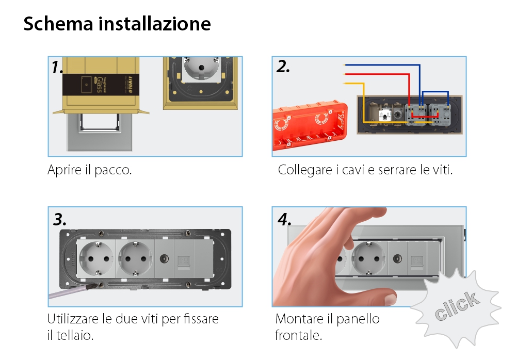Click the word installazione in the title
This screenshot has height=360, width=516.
[x=155, y=24]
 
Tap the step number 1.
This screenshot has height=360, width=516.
[x=57, y=68]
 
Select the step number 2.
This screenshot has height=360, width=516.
[x=283, y=67]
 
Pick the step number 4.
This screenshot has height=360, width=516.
[x=284, y=219]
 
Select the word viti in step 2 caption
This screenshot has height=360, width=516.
[x=442, y=170]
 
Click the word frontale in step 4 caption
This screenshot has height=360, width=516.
[x=298, y=335]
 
